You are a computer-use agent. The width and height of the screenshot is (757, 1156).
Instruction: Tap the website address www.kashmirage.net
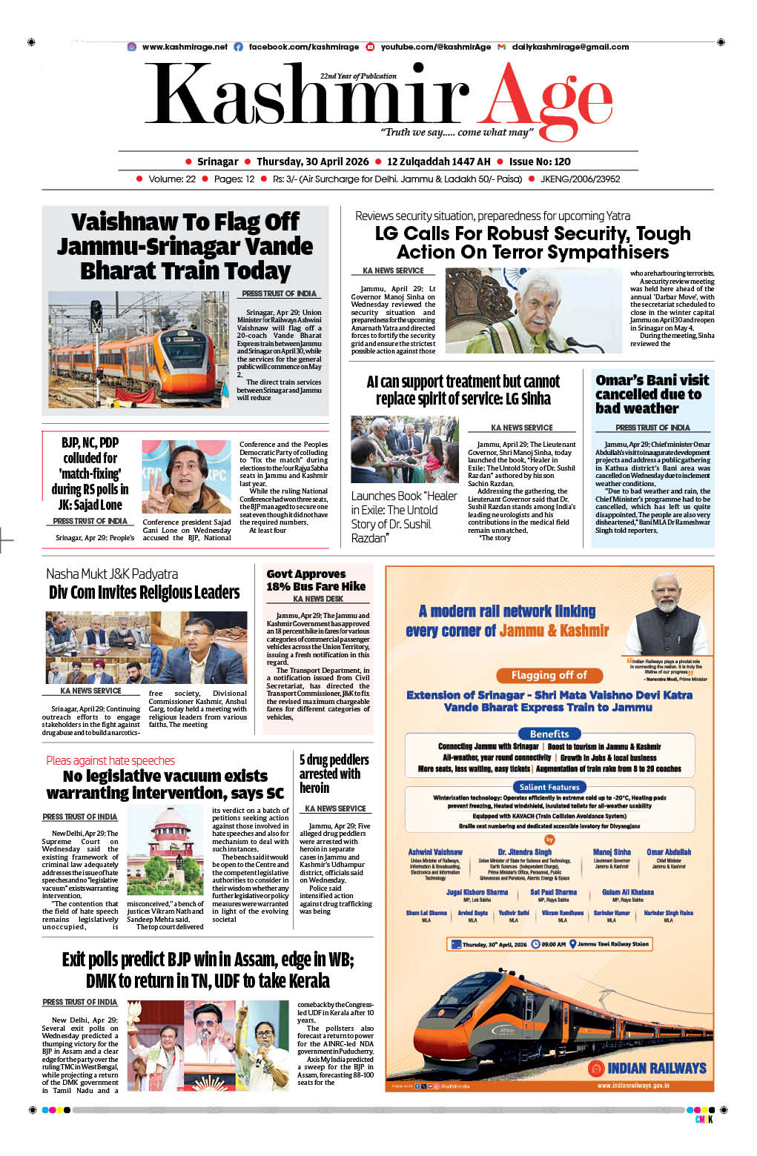(x=185, y=47)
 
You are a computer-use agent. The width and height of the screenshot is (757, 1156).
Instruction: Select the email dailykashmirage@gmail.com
(x=570, y=47)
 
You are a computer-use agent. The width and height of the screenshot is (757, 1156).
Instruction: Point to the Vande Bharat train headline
(x=185, y=246)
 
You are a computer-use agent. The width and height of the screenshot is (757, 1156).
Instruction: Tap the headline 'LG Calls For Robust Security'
(x=532, y=243)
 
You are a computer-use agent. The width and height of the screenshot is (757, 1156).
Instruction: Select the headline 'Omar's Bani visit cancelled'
(x=652, y=394)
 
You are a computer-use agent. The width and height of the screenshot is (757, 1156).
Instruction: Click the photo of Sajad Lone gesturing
(x=186, y=476)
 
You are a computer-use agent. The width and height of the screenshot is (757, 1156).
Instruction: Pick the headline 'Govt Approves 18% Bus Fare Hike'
(x=316, y=580)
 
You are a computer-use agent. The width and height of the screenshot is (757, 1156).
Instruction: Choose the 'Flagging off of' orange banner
(x=549, y=675)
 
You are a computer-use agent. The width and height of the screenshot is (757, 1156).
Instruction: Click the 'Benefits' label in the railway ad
(x=549, y=734)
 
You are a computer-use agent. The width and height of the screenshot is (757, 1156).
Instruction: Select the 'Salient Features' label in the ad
(x=549, y=787)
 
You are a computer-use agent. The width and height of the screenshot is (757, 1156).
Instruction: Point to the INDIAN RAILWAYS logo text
(x=656, y=1068)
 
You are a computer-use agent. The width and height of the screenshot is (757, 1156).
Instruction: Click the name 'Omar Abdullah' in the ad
(x=668, y=852)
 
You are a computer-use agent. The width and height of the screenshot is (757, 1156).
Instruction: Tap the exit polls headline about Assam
(x=208, y=970)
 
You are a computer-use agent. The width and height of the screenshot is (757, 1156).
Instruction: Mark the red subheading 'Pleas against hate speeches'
(x=110, y=760)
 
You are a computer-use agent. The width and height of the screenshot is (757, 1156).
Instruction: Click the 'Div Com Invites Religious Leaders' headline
(x=144, y=592)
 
